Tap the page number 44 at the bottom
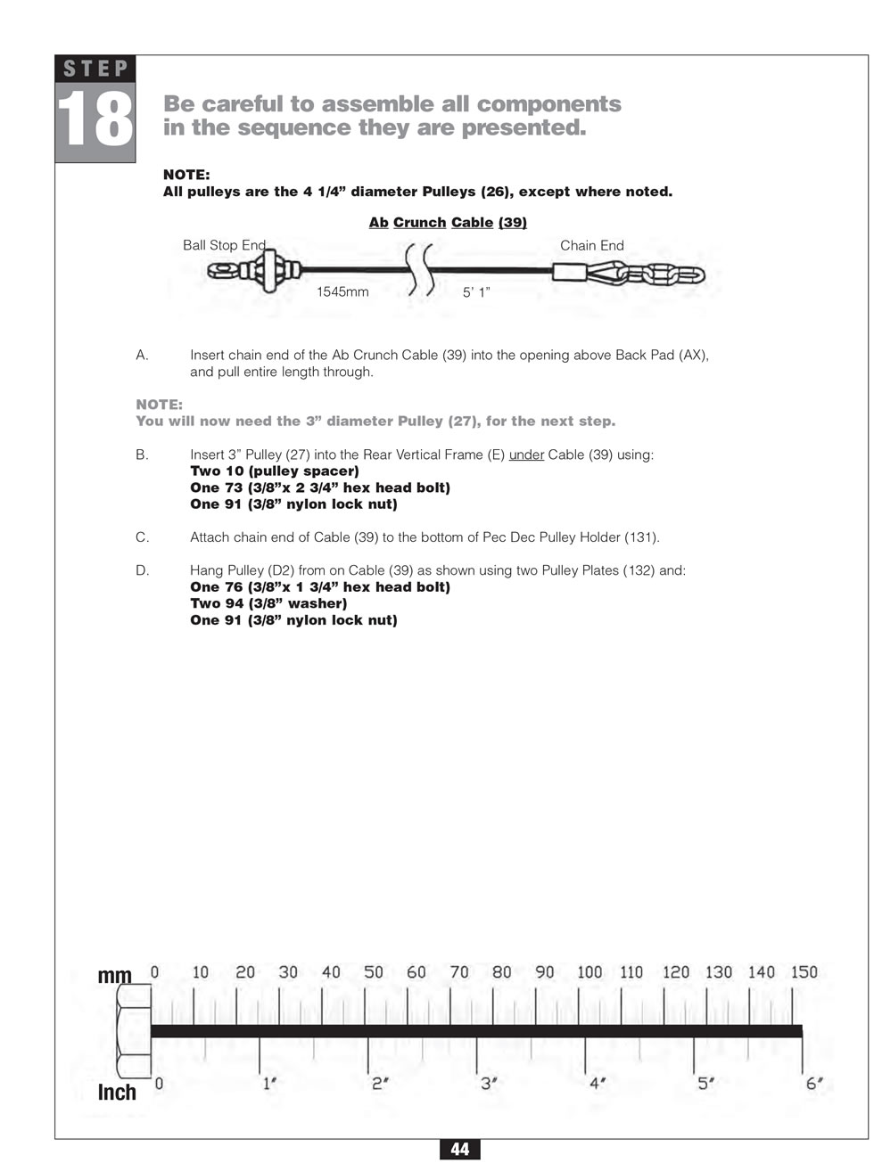click(x=459, y=1150)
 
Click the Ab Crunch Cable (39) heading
click(x=448, y=222)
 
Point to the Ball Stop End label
click(x=224, y=245)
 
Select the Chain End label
click(x=591, y=245)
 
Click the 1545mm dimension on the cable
click(x=342, y=291)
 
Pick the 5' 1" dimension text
click(x=476, y=291)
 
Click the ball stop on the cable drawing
click(x=268, y=271)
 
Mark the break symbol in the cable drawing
click(x=420, y=269)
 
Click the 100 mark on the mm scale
click(x=590, y=972)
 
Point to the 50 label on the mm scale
click(x=374, y=972)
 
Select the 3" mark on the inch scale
click(x=488, y=1084)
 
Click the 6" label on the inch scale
click(x=814, y=1084)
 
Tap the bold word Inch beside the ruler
click(x=117, y=1093)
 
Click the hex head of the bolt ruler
click(x=132, y=1032)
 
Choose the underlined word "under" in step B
click(x=526, y=455)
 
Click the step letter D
click(x=142, y=570)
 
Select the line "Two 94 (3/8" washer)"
click(x=268, y=603)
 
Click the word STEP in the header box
click(x=95, y=69)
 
